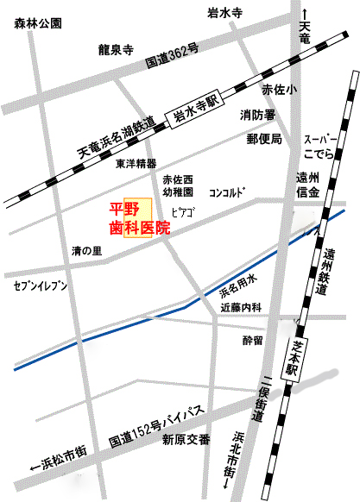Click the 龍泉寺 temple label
115,48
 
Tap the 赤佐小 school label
279,90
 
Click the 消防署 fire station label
257,115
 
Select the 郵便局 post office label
264,138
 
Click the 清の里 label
87,251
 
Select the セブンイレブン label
40,284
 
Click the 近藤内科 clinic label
239,306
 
